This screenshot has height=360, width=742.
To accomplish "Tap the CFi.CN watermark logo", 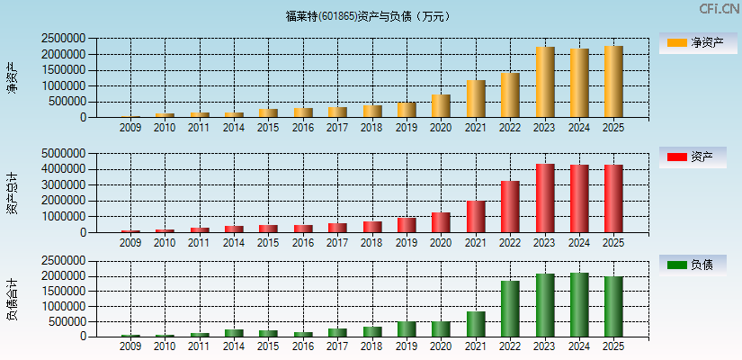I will (x=719, y=9).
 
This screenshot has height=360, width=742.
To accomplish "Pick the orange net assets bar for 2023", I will (x=545, y=82).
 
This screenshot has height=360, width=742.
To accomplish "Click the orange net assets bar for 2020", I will (x=441, y=106).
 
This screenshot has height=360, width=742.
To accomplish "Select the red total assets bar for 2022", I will (x=510, y=207).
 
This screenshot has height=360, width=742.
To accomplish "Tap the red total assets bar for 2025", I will (x=613, y=199).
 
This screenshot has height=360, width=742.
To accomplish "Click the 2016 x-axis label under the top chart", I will (x=302, y=128).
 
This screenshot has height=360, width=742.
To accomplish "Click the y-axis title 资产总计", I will (x=12, y=193).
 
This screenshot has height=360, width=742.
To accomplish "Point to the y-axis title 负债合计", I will (x=12, y=300).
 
